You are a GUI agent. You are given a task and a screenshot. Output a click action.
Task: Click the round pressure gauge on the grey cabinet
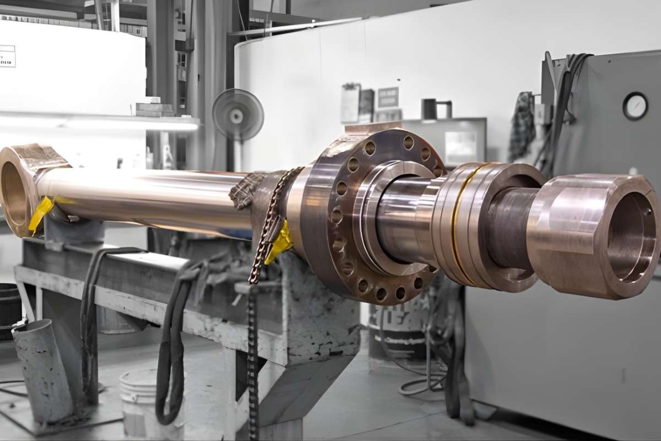[x=635, y=106]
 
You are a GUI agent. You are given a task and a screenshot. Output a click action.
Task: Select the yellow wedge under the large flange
[x=279, y=243]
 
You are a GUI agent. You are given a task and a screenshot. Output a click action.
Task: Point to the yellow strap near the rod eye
[x=41, y=213]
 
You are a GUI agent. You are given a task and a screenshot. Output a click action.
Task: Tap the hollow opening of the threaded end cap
[x=631, y=237]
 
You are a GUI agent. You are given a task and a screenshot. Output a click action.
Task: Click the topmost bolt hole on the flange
[x=408, y=143]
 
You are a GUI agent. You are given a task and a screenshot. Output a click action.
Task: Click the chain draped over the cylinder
[x=270, y=220]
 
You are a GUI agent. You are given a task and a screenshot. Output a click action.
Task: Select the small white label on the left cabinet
[x=7, y=56]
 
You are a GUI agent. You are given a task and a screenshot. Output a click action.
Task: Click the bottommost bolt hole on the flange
[x=381, y=294]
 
